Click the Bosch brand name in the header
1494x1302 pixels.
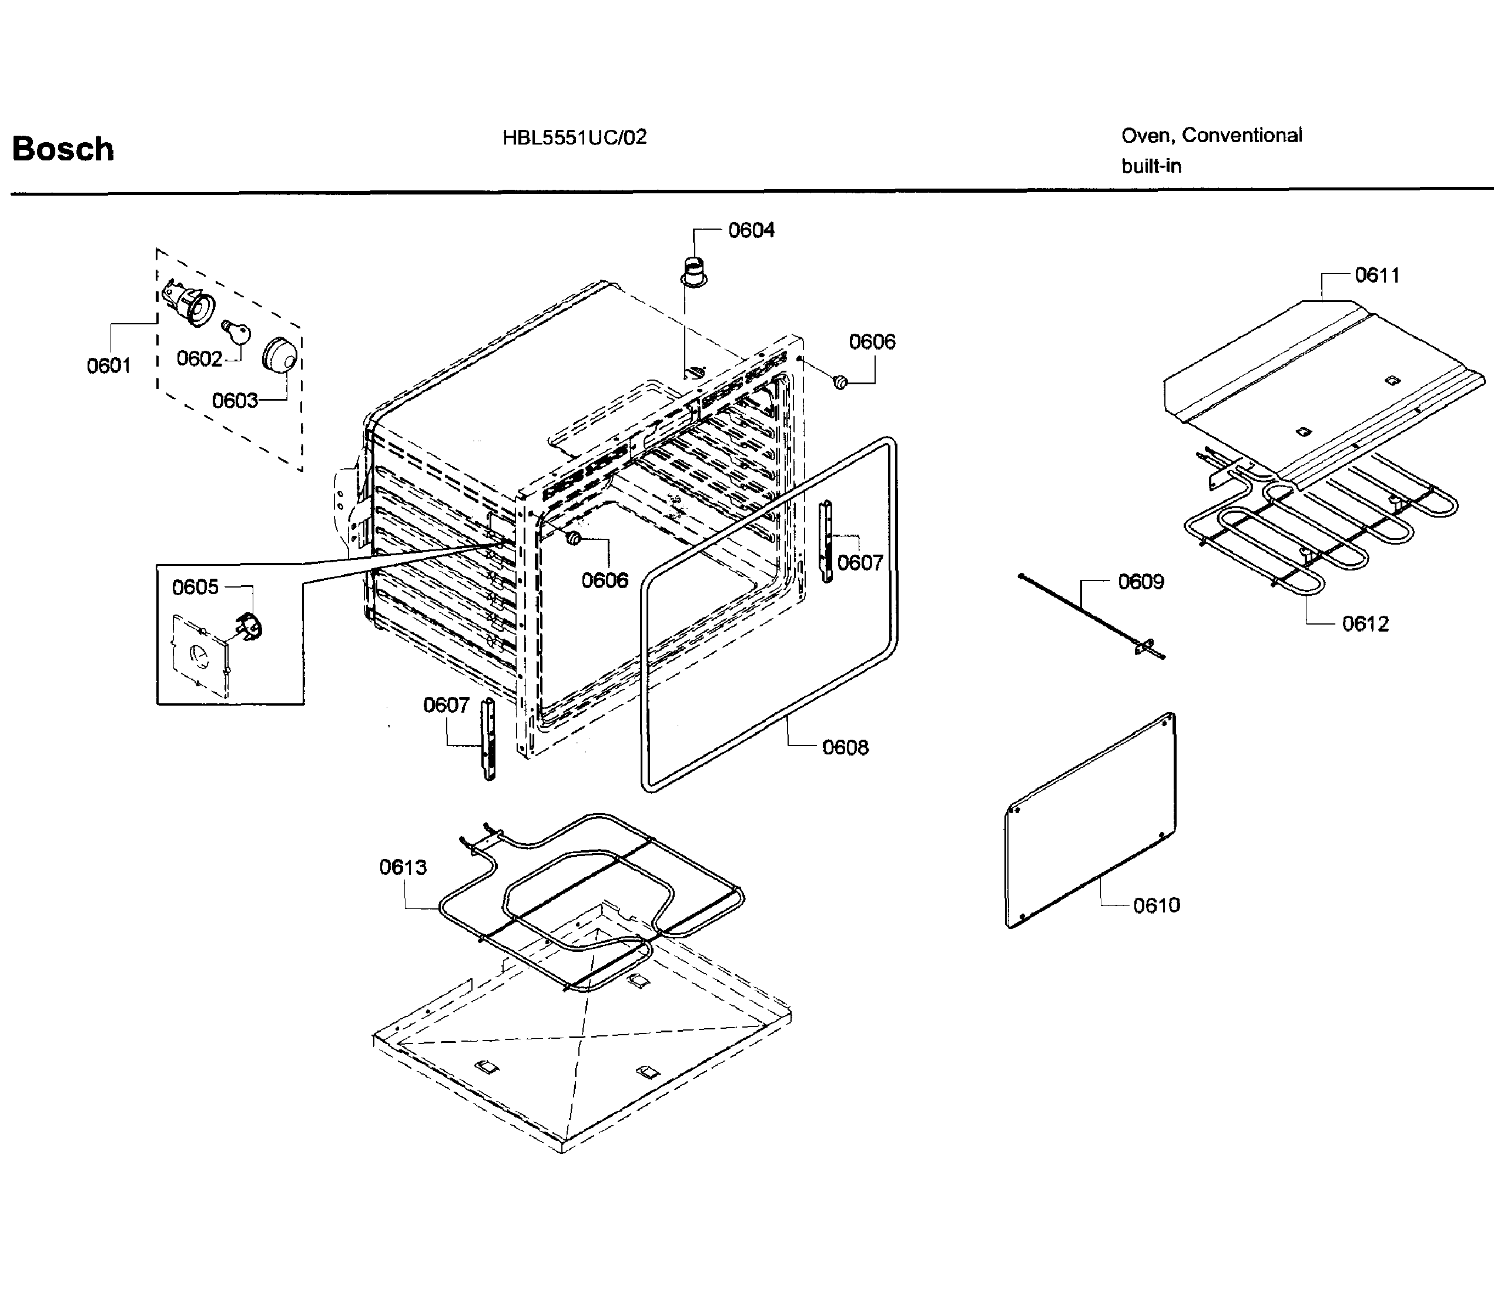[x=63, y=150]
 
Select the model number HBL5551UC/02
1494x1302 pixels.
[x=574, y=137]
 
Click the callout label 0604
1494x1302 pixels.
[x=751, y=230]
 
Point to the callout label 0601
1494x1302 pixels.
[x=108, y=365]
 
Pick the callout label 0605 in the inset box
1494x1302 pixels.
[x=195, y=587]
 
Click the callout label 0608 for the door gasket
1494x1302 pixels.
[x=845, y=747]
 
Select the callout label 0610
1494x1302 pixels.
[x=1156, y=905]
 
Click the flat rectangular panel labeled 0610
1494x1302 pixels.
[x=1090, y=821]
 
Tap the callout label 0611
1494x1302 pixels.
[x=1376, y=276]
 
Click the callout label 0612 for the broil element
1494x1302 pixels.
[x=1365, y=624]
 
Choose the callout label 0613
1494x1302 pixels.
[x=403, y=867]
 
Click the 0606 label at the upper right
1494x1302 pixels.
[x=872, y=341]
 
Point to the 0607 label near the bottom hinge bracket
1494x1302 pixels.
[x=446, y=705]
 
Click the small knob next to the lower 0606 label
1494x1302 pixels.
[x=574, y=538]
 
